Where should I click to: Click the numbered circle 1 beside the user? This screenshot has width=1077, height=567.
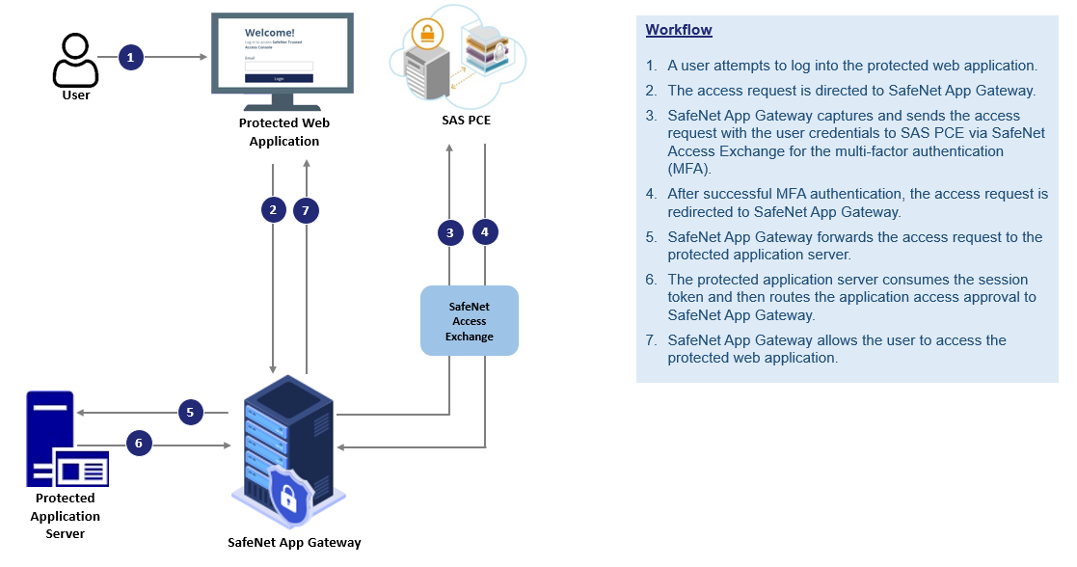(131, 58)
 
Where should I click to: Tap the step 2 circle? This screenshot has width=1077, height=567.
(274, 209)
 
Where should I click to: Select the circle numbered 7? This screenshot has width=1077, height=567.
(306, 209)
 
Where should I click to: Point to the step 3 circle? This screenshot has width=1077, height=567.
(449, 232)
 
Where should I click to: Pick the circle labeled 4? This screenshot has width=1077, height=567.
(485, 232)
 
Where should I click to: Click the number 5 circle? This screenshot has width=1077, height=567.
(191, 413)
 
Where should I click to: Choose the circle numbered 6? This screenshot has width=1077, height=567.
(139, 444)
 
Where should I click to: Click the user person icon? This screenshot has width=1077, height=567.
(76, 61)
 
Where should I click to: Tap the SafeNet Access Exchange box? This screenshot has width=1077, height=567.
(470, 321)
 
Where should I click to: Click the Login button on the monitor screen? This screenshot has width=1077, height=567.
(279, 78)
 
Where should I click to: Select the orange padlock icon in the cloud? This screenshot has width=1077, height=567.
(425, 35)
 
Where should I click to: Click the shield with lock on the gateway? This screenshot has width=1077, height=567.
(287, 497)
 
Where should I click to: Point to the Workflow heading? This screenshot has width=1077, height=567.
(679, 30)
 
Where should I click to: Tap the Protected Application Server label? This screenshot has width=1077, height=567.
(66, 516)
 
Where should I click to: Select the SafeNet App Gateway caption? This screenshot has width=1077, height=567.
(294, 542)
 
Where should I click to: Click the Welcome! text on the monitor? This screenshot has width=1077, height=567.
(270, 32)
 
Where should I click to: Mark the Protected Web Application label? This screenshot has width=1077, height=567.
(284, 132)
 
